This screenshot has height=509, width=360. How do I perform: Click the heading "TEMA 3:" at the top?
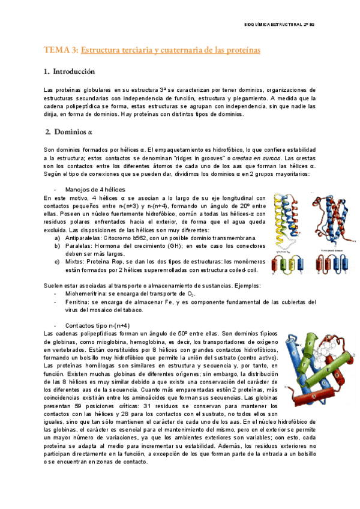(61, 51)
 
